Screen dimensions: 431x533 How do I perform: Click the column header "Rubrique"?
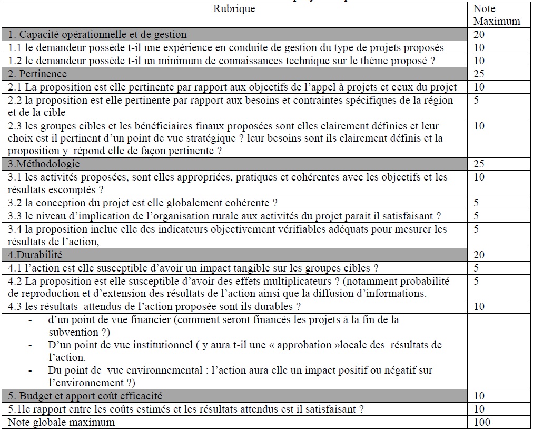click(x=234, y=9)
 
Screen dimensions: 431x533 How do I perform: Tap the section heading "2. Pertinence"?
click(x=37, y=74)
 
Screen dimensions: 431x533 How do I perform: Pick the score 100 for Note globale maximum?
click(x=481, y=422)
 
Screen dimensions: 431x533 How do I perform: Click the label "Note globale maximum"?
click(x=61, y=422)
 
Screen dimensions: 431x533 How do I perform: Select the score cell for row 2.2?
click(x=476, y=100)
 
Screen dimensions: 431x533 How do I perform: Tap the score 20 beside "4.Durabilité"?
click(x=479, y=255)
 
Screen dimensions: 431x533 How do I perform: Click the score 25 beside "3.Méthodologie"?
click(x=479, y=164)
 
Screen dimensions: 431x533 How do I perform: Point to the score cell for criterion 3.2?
click(x=476, y=203)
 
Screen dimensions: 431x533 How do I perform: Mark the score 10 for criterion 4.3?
click(x=479, y=307)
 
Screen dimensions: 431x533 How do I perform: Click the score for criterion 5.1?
click(x=479, y=409)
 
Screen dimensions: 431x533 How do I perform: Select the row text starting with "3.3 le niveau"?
click(x=224, y=216)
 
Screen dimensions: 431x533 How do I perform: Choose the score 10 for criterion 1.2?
click(x=479, y=61)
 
